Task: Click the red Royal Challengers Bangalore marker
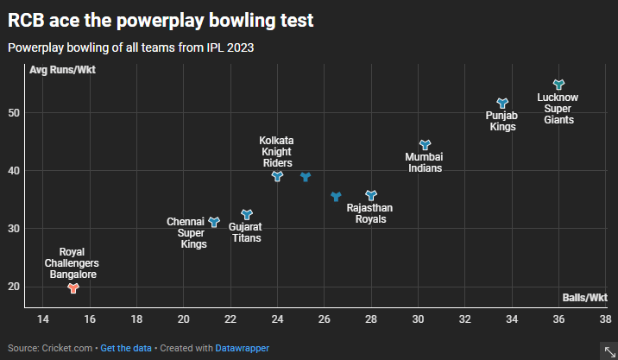pos(73,288)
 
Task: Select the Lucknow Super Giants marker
pos(558,85)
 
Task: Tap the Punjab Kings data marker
pos(502,103)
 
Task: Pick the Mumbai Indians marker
pos(425,145)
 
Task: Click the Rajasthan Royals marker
pos(371,196)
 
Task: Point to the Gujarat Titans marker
pos(247,214)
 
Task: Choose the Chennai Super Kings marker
pos(214,222)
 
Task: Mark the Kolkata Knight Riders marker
pos(277,176)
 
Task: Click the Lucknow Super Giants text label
pos(558,109)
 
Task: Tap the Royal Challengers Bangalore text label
pos(72,262)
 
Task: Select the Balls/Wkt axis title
pos(585,298)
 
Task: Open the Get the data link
pos(126,348)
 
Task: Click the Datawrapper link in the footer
pos(242,348)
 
